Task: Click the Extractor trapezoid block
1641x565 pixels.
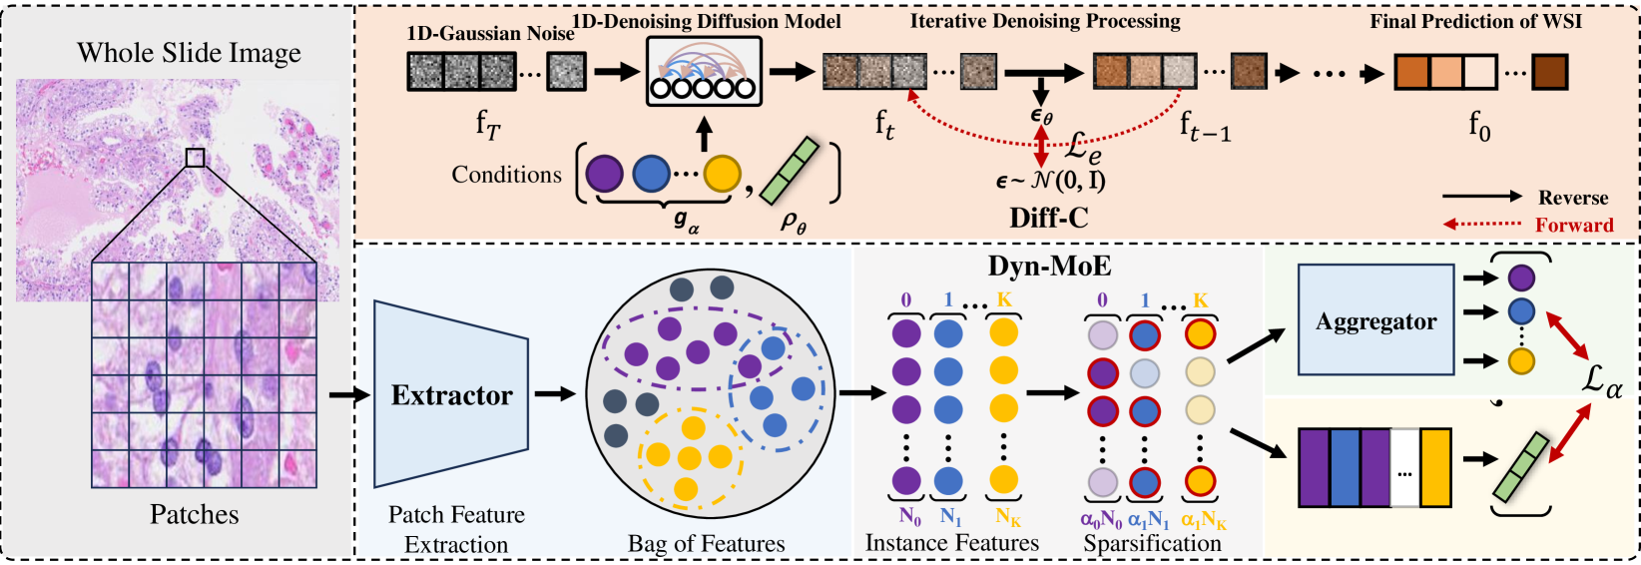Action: pos(451,394)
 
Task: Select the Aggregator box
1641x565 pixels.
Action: pos(1375,320)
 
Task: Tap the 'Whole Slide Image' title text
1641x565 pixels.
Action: pos(189,53)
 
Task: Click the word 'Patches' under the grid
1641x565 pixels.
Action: pos(194,514)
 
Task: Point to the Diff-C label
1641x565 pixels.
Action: pos(1048,218)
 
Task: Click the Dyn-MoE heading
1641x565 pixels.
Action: pos(1049,266)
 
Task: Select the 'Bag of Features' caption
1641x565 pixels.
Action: pos(707,544)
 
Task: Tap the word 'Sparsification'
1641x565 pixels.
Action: pos(1152,544)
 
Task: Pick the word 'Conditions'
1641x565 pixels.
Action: pos(506,175)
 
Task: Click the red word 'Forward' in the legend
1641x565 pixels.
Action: pos(1574,225)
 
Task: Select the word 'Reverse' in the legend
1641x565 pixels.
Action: pos(1573,198)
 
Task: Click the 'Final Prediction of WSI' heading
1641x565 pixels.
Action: pos(1475,21)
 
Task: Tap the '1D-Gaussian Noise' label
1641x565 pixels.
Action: pos(490,33)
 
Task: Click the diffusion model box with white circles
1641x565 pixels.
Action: pos(704,72)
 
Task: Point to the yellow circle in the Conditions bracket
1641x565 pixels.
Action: pos(722,175)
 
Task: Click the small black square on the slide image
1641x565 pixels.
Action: pos(195,158)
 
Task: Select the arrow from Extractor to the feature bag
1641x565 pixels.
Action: pos(555,394)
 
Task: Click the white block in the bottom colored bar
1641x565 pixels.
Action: pos(1404,468)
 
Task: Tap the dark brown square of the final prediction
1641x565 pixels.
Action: pos(1549,73)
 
